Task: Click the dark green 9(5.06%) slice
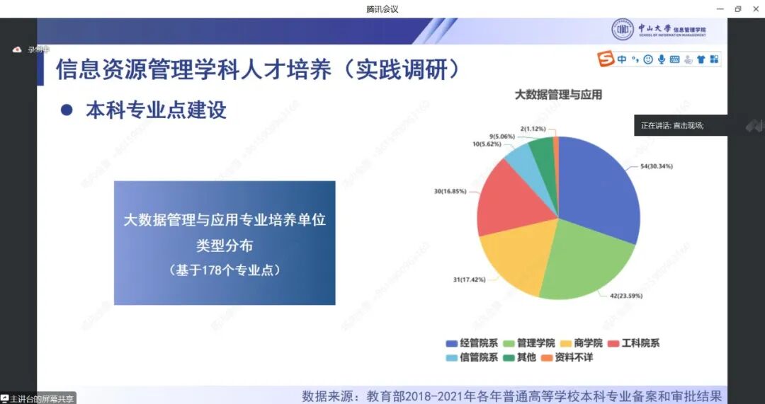coord(542,150)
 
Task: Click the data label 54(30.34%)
coord(657,166)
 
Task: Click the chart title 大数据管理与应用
coord(558,95)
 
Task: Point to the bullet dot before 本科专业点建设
coord(67,110)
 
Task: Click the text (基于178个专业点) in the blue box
coord(225,270)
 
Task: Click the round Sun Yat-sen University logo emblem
coord(623,29)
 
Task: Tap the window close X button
coord(754,8)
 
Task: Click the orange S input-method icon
coord(605,59)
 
